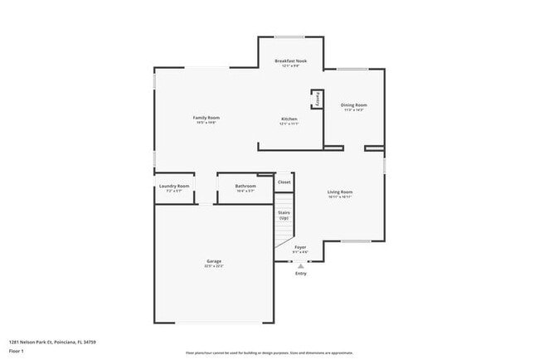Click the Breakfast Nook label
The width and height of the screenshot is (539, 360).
pyautogui.click(x=289, y=61)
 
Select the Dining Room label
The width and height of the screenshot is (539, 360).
pyautogui.click(x=354, y=105)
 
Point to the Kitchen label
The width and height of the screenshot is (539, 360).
pyautogui.click(x=289, y=119)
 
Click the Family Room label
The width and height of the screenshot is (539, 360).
pyautogui.click(x=206, y=118)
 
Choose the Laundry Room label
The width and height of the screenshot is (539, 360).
pyautogui.click(x=174, y=186)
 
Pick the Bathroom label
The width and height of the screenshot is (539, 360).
pyautogui.click(x=245, y=186)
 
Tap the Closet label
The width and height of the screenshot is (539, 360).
pyautogui.click(x=284, y=182)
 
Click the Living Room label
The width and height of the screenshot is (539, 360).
pyautogui.click(x=340, y=192)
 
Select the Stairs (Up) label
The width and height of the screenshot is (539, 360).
pyautogui.click(x=284, y=215)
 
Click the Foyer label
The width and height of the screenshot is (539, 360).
pyautogui.click(x=300, y=247)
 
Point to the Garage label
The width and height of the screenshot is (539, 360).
pyautogui.click(x=214, y=261)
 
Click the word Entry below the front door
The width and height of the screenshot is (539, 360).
pyautogui.click(x=300, y=274)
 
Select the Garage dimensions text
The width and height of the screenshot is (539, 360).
pyautogui.click(x=214, y=266)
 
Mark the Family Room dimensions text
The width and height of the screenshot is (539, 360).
pyautogui.click(x=206, y=123)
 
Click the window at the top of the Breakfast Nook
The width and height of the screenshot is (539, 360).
pyautogui.click(x=289, y=36)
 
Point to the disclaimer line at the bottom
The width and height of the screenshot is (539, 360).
pyautogui.click(x=269, y=353)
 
